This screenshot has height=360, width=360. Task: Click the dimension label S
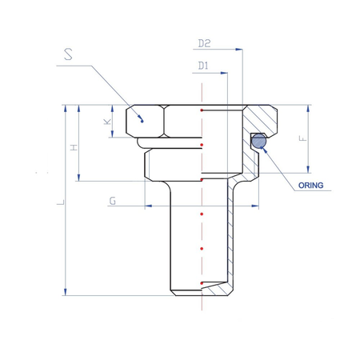(x=68, y=54)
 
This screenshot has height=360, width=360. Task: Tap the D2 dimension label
(x=204, y=43)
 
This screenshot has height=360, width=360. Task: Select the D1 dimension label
(x=203, y=66)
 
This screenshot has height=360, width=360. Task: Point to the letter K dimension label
(x=107, y=122)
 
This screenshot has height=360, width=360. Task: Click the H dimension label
(x=74, y=147)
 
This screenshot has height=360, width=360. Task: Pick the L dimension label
(x=61, y=202)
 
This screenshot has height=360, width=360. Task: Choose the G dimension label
(x=113, y=201)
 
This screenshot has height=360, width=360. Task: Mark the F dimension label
(x=303, y=138)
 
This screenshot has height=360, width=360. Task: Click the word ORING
(x=310, y=186)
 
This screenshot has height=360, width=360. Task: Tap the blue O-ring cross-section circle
(x=259, y=141)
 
